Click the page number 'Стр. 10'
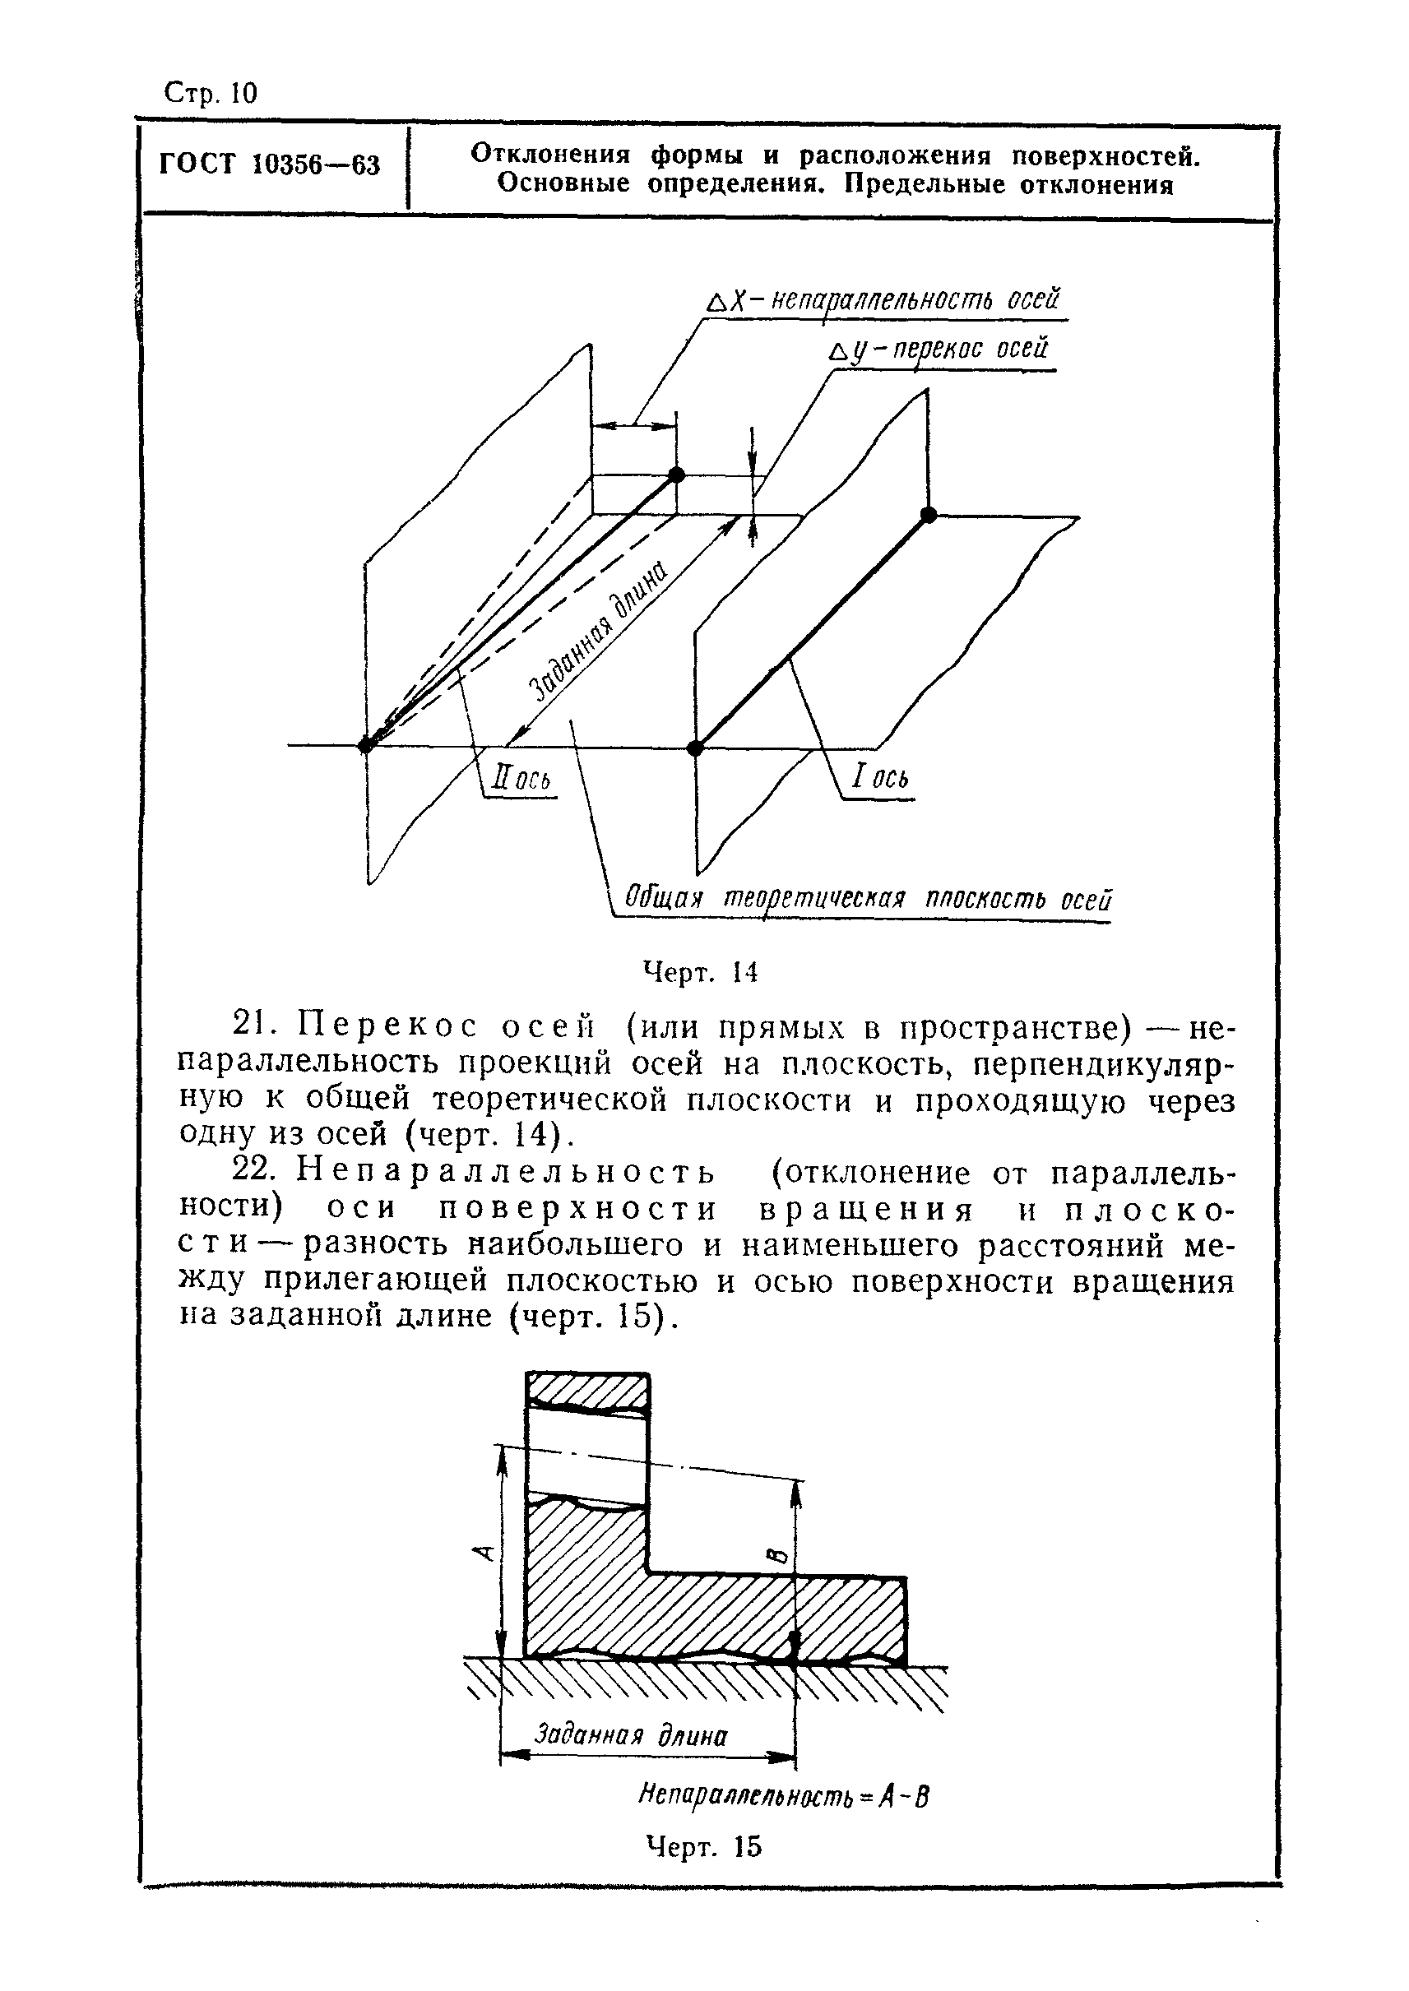(210, 93)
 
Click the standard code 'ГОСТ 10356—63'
(270, 164)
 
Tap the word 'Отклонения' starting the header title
(549, 155)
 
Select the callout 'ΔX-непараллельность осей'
(884, 301)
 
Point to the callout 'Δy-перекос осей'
(939, 349)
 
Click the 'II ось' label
(521, 778)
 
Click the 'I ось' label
(880, 776)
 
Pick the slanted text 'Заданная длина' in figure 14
(599, 631)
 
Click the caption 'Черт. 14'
(700, 973)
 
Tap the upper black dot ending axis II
(677, 475)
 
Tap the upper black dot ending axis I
(929, 515)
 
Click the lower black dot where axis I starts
(695, 748)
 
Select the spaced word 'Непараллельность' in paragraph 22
(507, 1172)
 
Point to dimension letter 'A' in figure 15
(486, 1551)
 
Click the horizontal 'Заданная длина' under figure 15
(631, 1734)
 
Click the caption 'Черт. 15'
(703, 1847)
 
